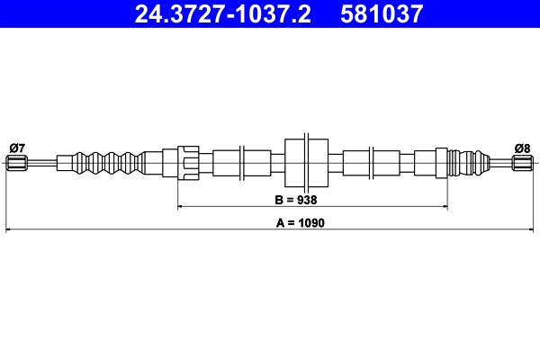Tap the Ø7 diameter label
click(16, 147)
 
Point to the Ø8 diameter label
click(523, 147)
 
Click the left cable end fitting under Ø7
click(16, 163)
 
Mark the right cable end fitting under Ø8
click(523, 163)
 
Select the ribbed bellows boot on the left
click(110, 163)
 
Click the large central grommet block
click(306, 163)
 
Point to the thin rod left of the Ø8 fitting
click(499, 163)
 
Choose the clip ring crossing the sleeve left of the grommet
click(242, 163)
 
